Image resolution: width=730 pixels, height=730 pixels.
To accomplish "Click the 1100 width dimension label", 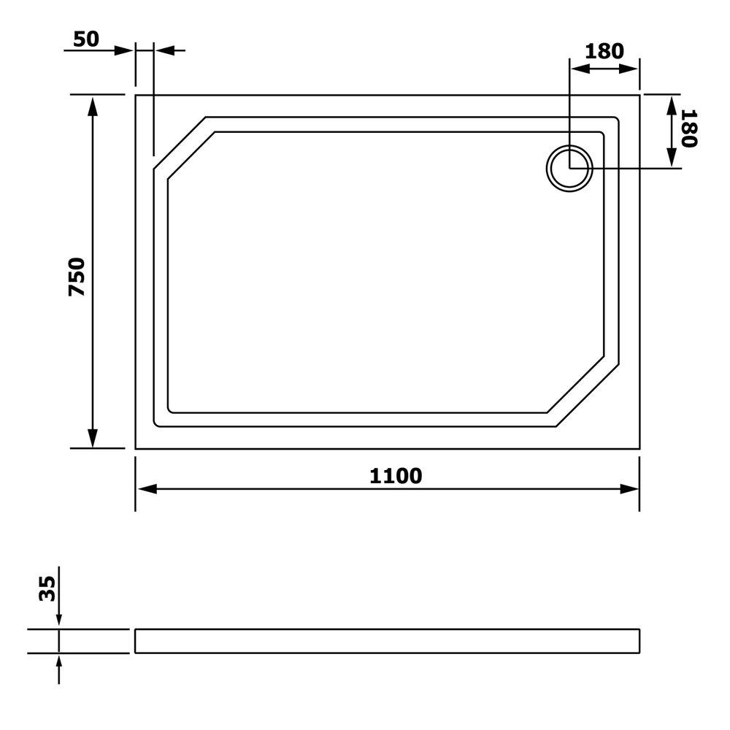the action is point(396,476).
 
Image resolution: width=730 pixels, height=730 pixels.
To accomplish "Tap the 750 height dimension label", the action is point(77,277).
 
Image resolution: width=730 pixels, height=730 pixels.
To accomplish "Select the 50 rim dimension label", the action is point(86,39).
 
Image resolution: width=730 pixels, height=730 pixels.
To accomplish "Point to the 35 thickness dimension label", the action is point(47,588).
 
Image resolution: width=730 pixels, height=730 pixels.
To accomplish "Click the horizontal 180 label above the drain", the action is point(604,51).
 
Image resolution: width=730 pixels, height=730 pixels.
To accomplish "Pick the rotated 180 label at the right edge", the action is point(689,128).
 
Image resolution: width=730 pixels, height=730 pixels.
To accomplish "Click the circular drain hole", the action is point(569,168).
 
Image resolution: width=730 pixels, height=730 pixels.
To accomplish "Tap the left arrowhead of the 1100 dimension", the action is point(147,489).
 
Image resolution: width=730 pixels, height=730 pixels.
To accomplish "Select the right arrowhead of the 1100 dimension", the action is point(629,489).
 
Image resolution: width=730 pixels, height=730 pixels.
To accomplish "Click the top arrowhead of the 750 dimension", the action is point(93,107).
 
